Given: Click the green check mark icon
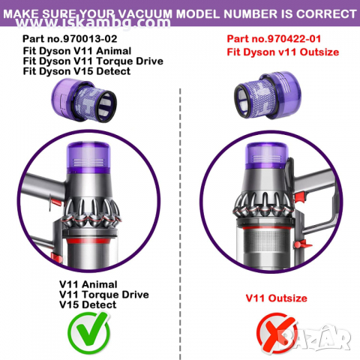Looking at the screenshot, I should (x=88, y=332).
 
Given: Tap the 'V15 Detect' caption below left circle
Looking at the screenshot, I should (x=87, y=304).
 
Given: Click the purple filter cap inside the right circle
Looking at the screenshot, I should (x=271, y=160).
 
